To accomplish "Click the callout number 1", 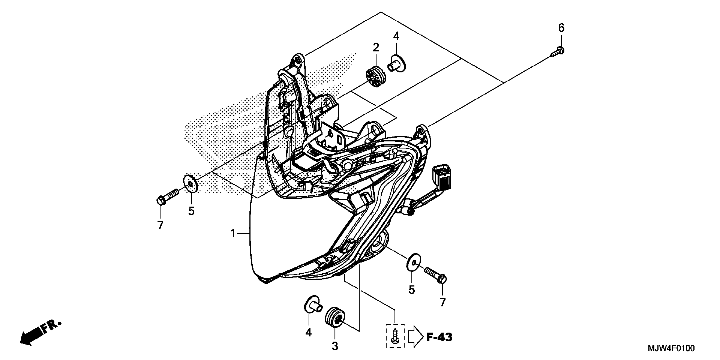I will click(233, 233).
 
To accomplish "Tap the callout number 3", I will click(335, 346).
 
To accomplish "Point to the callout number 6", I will click(561, 28).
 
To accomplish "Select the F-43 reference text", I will click(439, 337).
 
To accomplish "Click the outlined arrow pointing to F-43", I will click(416, 338).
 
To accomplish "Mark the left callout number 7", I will click(160, 225).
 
